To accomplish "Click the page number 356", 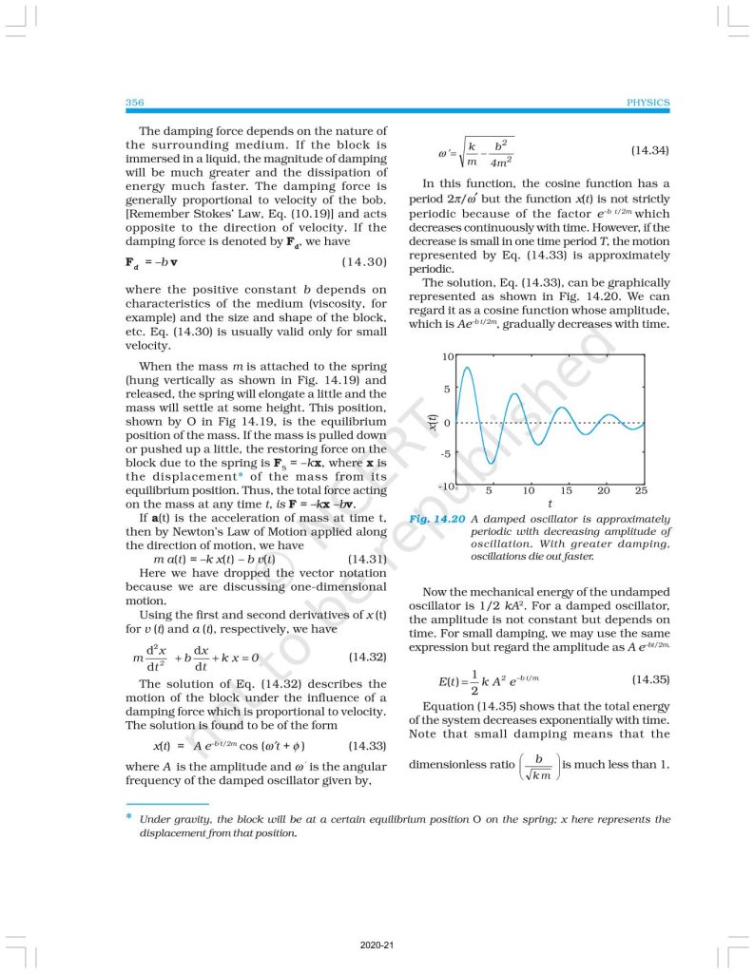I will (134, 102).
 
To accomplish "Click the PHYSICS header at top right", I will (648, 102).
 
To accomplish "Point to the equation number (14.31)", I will (367, 559).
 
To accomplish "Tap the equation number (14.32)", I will (367, 657).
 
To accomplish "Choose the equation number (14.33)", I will (367, 745).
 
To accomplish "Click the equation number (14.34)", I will (649, 150).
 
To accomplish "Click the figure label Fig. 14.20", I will (436, 519).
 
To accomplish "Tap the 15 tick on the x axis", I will (566, 491).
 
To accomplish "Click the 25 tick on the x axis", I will (641, 491).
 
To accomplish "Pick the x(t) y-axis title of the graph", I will (430, 422).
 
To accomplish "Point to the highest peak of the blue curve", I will (467, 367).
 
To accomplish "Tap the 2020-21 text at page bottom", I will (377, 945).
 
